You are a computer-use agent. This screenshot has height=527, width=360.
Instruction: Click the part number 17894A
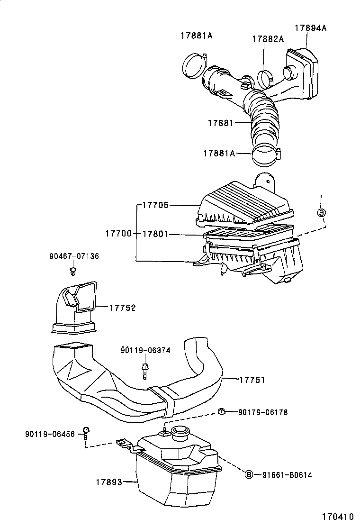click(311, 28)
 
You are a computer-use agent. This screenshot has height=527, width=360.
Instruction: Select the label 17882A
click(268, 39)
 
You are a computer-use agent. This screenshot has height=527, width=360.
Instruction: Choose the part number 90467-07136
click(74, 256)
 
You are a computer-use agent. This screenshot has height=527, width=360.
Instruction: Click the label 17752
click(122, 308)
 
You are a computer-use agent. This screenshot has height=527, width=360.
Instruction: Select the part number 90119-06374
click(145, 350)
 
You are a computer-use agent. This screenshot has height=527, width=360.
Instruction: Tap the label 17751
click(252, 380)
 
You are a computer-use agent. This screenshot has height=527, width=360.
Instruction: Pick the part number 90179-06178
click(262, 412)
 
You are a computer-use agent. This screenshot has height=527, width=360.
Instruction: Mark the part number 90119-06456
click(50, 434)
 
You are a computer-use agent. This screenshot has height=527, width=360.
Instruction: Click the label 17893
click(109, 482)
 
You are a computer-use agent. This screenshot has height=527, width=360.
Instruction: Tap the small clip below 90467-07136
click(73, 271)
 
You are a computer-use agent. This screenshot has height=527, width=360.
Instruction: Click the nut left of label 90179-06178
click(220, 411)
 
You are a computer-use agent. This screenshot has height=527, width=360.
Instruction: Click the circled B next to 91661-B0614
click(249, 474)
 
